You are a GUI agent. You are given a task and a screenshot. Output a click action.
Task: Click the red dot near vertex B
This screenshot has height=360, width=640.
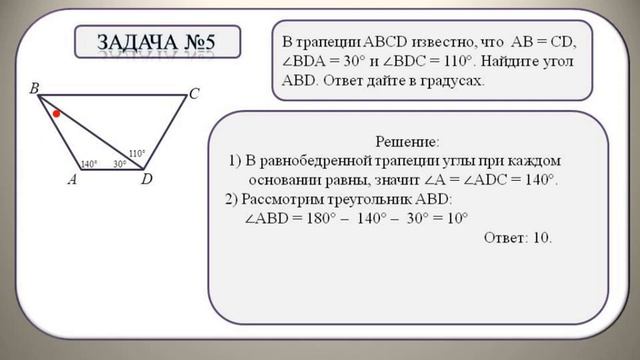[x=57, y=114]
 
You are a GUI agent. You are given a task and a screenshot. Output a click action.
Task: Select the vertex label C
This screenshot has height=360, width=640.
[x=194, y=95]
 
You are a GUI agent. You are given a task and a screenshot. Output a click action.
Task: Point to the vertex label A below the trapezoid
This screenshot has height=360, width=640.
[x=72, y=180]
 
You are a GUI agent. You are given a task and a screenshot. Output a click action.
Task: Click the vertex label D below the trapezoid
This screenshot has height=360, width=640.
[x=146, y=180]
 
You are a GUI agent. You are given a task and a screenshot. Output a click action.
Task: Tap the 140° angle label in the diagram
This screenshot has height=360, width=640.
[x=89, y=163]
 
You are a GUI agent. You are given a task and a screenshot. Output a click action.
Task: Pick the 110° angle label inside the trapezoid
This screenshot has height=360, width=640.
[x=137, y=153]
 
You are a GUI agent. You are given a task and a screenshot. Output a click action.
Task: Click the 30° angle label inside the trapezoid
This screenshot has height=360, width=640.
[x=119, y=163]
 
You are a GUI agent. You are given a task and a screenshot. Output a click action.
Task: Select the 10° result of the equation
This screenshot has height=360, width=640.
[x=456, y=217]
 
